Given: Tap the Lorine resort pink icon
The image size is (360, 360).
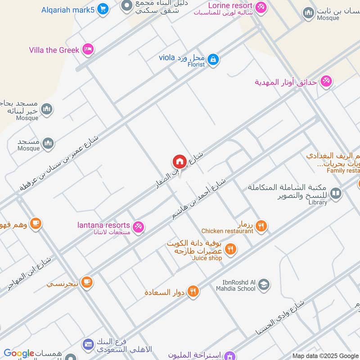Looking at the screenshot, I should click(260, 7).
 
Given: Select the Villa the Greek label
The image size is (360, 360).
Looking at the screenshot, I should click(54, 50).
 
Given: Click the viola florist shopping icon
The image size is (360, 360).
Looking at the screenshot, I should click(213, 58).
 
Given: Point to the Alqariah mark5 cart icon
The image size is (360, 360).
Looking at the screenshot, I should click(103, 9).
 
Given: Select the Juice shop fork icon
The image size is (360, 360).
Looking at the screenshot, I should click(230, 249).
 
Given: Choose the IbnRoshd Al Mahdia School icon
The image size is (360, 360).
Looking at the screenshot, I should click(264, 284).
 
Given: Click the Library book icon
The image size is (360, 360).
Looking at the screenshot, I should click(335, 193).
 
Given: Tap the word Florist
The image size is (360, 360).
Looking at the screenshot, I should click(196, 65).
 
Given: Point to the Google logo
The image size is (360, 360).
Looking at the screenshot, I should click(19, 353).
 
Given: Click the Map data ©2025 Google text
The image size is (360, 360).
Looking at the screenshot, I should click(325, 355).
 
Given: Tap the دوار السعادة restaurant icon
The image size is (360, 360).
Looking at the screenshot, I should click(193, 292).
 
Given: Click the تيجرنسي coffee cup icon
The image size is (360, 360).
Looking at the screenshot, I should click(87, 282).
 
